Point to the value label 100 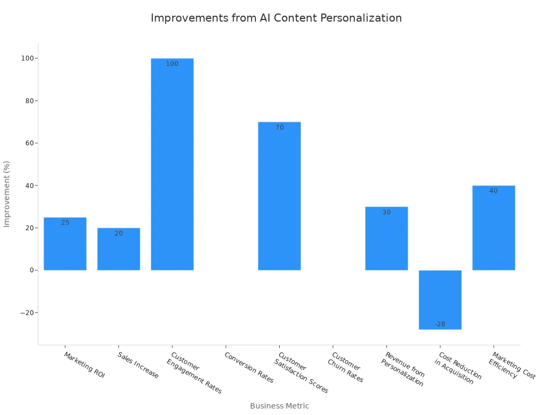[x=172, y=64]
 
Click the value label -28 [x=440, y=324]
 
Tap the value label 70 [x=279, y=128]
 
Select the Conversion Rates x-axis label [x=249, y=367]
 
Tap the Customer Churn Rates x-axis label [x=345, y=367]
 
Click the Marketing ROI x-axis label [x=84, y=365]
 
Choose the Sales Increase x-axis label [x=138, y=365]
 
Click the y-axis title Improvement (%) [x=7, y=193]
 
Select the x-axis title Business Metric [x=279, y=406]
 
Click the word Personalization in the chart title [x=361, y=18]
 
